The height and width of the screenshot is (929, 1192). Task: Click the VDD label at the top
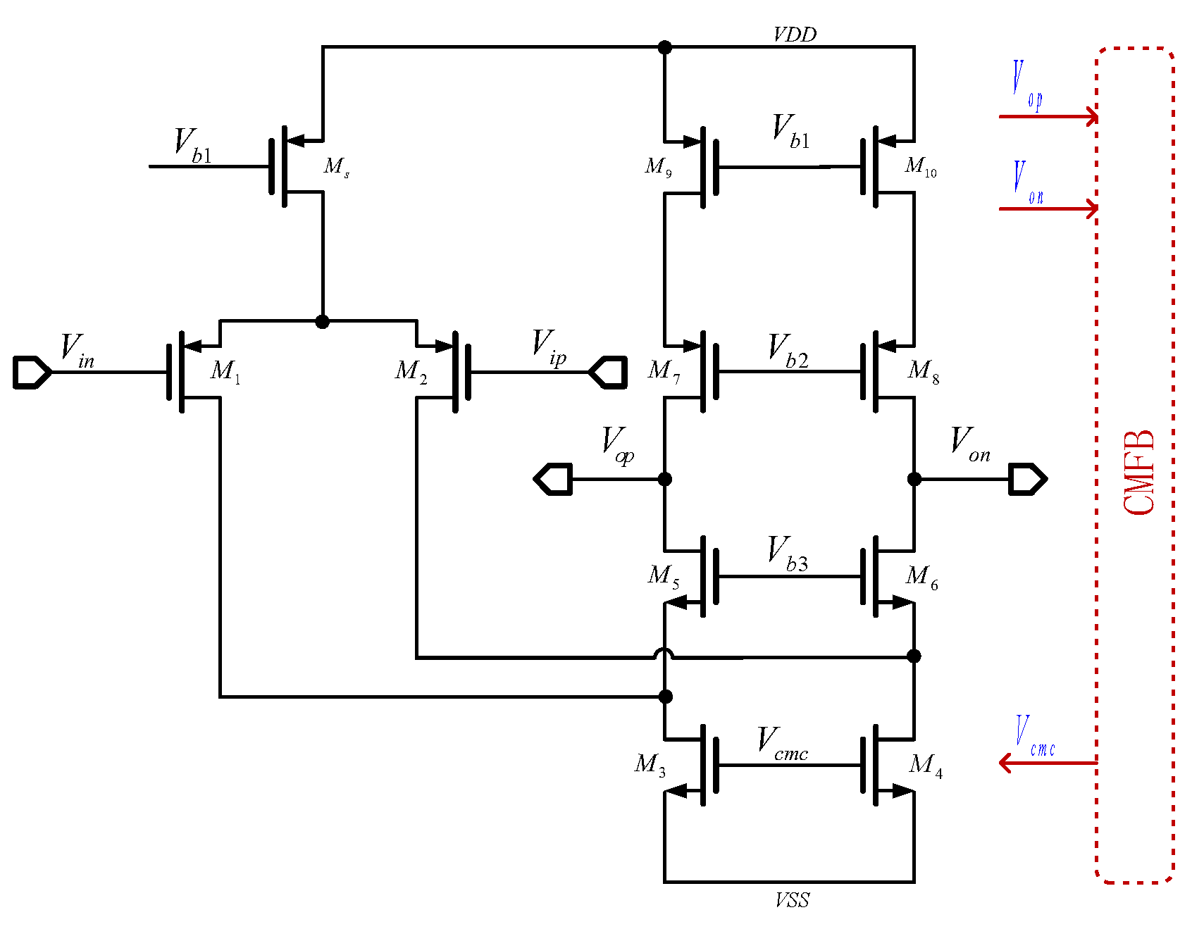[x=794, y=35]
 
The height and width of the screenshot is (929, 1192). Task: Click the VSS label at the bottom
[x=792, y=900]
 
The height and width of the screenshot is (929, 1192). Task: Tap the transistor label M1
[x=225, y=370]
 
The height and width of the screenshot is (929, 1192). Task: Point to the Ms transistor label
[x=336, y=167]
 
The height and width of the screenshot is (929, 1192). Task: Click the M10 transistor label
[x=920, y=167]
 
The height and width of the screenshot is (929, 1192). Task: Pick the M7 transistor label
[x=664, y=370]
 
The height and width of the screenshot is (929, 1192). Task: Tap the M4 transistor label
[x=925, y=765]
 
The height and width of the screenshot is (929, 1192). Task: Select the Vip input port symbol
[x=608, y=372]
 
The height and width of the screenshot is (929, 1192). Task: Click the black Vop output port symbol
[x=554, y=479]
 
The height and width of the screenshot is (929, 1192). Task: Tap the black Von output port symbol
[x=1028, y=479]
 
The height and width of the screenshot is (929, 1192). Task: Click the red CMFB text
[x=1138, y=473]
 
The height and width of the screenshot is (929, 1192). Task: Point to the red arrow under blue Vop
[x=1048, y=116]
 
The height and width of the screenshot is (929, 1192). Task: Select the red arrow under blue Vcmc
[x=1048, y=763]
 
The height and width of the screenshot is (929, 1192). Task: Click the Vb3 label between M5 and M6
[x=788, y=554]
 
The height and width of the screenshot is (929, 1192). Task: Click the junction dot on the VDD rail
[x=664, y=47]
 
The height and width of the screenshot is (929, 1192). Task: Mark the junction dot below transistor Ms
[x=323, y=322]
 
